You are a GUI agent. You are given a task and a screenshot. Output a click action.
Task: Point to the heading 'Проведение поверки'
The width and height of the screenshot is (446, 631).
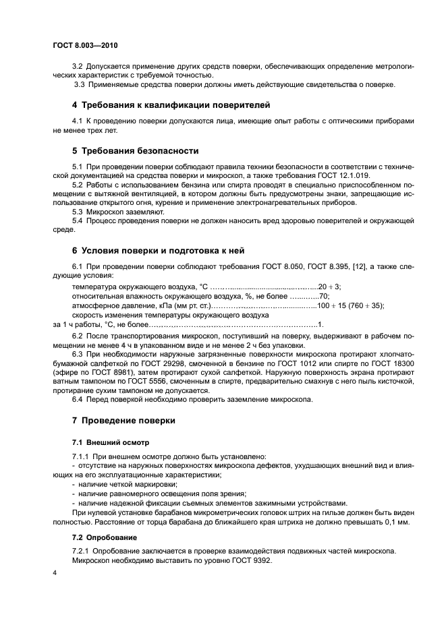(x=123, y=421)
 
